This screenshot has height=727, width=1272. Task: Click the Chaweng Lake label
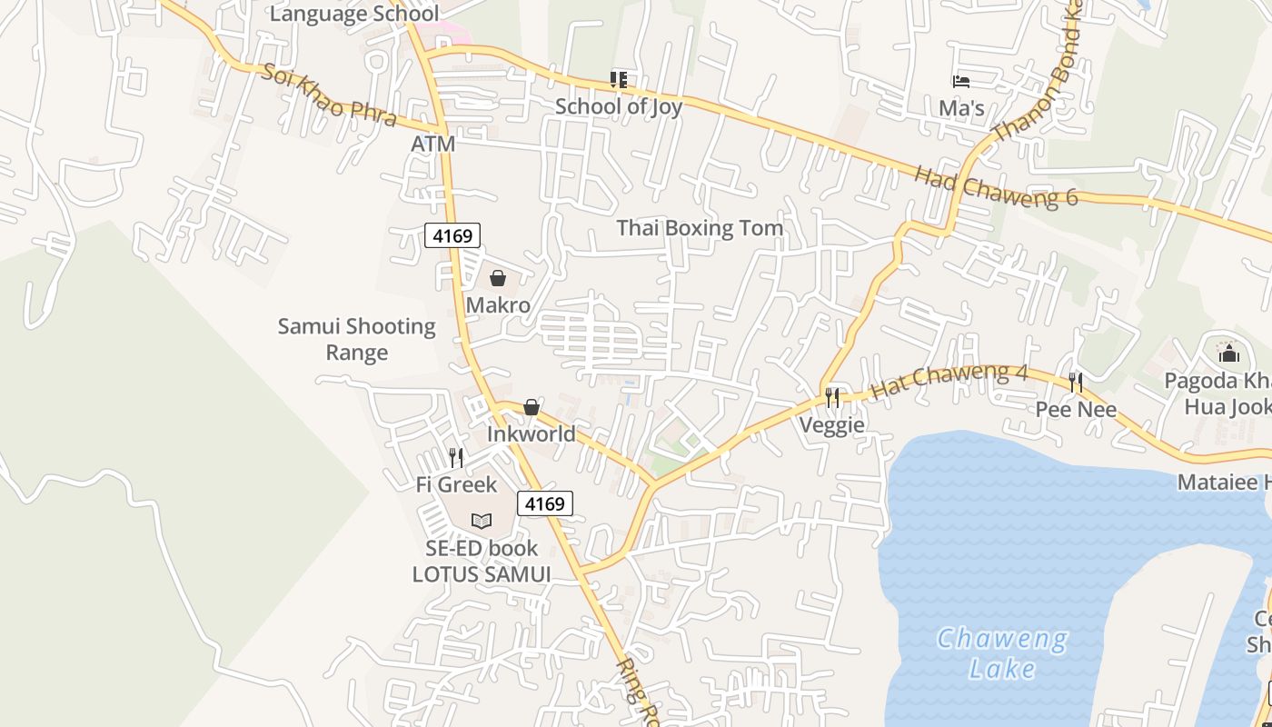tap(1002, 652)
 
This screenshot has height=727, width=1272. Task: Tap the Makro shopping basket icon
tap(498, 278)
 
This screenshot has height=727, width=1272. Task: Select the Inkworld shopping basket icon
tap(532, 407)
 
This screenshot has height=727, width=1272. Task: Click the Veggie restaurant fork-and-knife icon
tap(832, 397)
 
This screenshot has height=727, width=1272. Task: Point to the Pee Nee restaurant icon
tap(1076, 383)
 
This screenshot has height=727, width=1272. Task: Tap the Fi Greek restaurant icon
tap(456, 457)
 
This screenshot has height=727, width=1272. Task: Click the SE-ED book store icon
tap(482, 522)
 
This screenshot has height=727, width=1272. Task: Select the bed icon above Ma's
tap(961, 82)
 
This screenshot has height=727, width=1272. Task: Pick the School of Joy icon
tap(619, 80)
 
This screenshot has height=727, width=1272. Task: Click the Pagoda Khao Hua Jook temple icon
tap(1228, 352)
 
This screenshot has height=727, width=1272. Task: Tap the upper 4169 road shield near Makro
tap(452, 236)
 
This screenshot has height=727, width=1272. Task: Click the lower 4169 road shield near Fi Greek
tap(545, 503)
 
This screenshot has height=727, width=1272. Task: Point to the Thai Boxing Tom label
tap(700, 228)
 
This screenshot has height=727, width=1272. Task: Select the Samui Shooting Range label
tap(357, 339)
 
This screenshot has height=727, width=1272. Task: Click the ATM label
tap(432, 144)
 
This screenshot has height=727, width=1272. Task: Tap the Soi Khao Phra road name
tap(329, 95)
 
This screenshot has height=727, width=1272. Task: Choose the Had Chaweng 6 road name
tap(996, 185)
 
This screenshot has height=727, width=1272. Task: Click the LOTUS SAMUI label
tap(482, 574)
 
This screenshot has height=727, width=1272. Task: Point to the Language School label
tap(354, 14)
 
